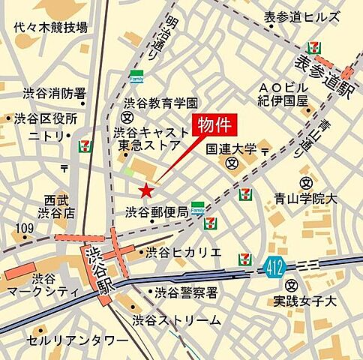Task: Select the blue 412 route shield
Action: click(x=274, y=263)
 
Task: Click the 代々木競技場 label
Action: click(x=51, y=28)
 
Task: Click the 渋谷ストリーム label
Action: click(x=177, y=320)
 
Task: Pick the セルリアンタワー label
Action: click(x=78, y=340)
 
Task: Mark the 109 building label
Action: click(x=24, y=228)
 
